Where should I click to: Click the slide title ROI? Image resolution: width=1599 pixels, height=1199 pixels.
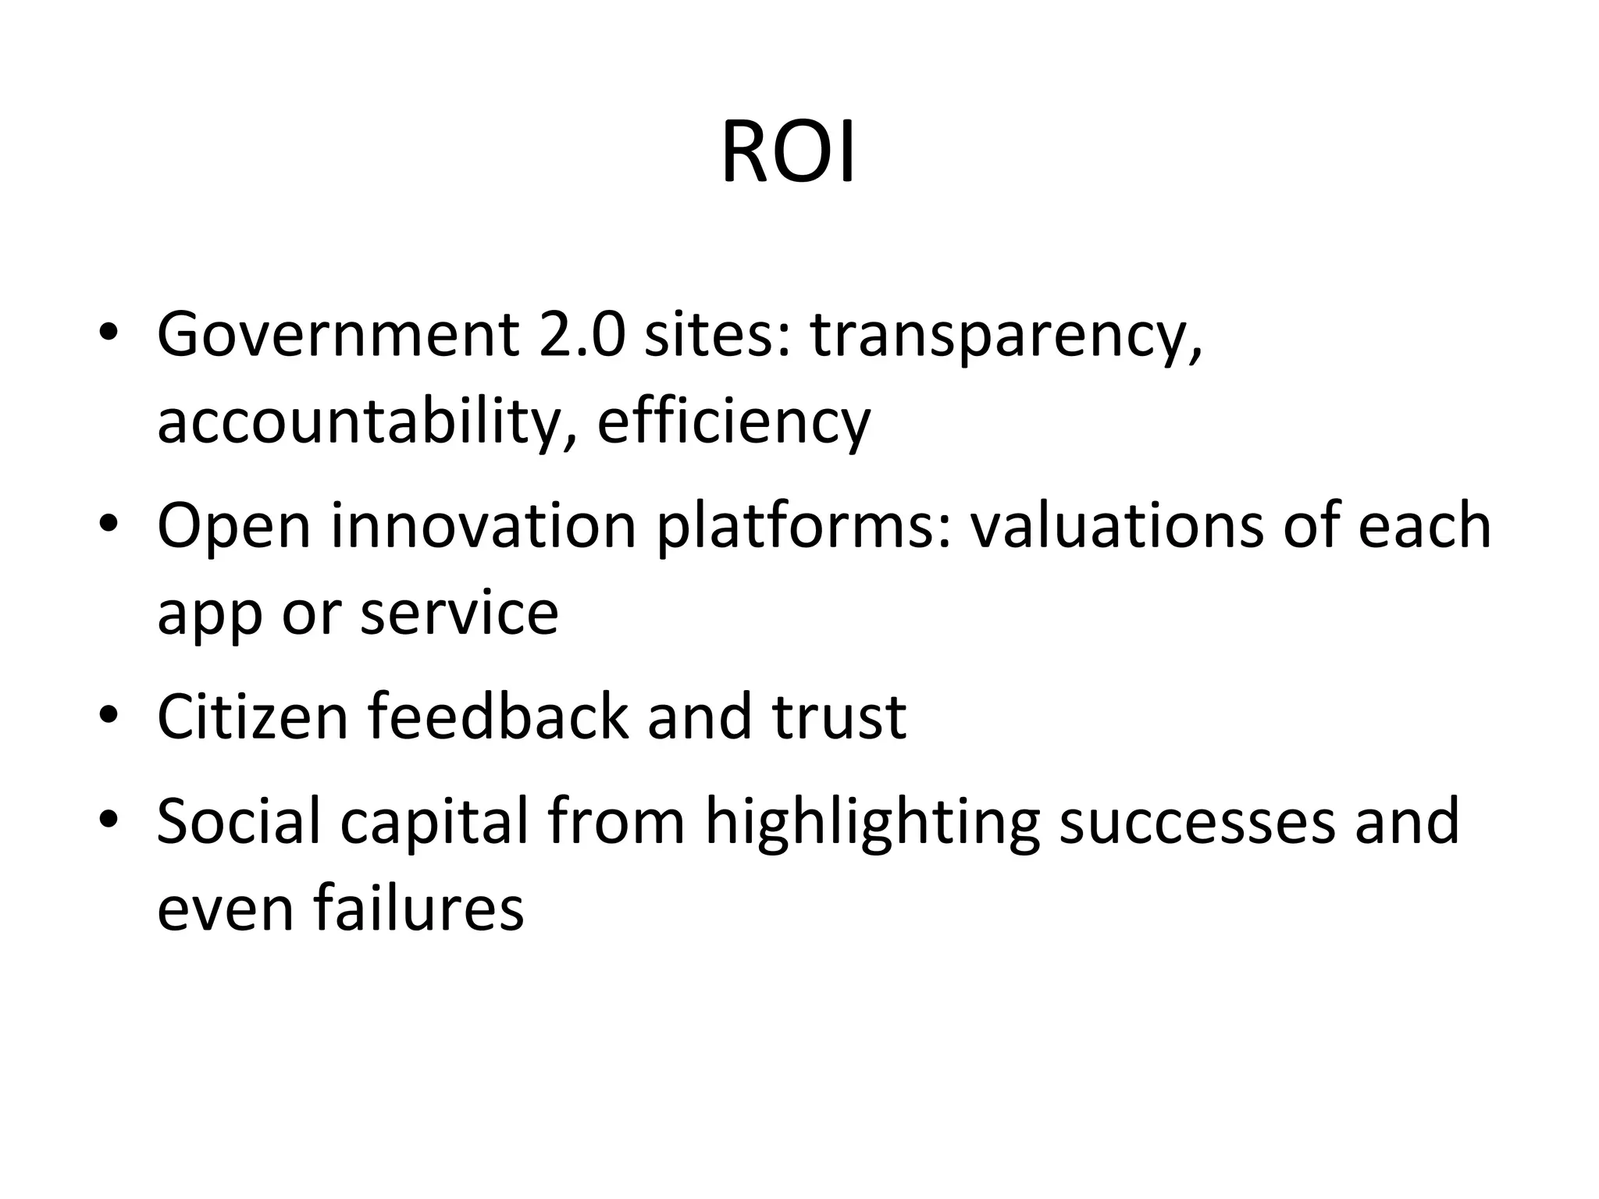coord(788,153)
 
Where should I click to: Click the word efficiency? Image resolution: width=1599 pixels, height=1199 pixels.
coord(733,423)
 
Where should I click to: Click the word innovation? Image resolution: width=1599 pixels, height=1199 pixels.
coord(484,525)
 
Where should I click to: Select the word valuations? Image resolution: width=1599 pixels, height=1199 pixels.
coord(1116,525)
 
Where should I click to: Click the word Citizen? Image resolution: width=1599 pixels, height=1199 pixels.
coord(252,717)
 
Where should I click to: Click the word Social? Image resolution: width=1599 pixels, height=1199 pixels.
coord(239,821)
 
